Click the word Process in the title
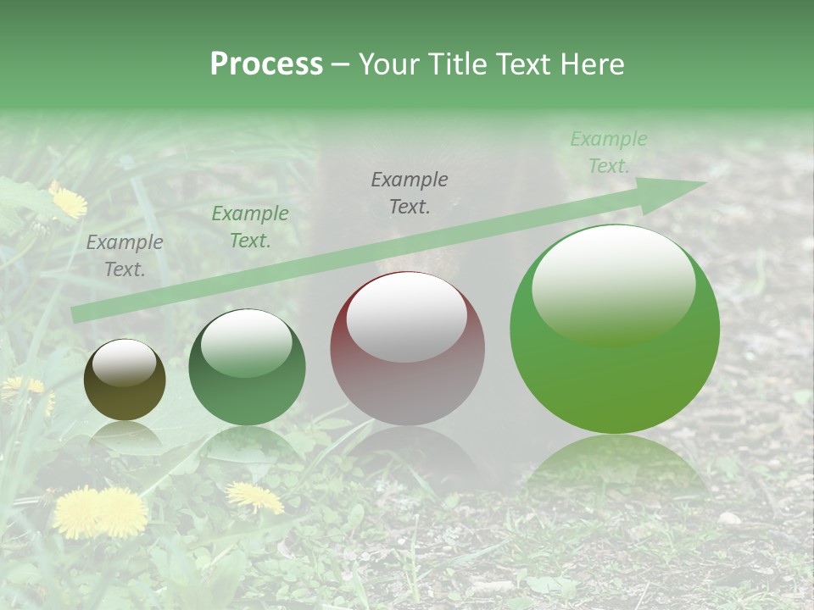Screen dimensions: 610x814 (x=266, y=64)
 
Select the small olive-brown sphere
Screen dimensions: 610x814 (x=125, y=380)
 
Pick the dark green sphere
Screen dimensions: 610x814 (x=247, y=368)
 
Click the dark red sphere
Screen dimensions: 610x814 (x=407, y=348)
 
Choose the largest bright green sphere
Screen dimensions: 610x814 (x=615, y=330)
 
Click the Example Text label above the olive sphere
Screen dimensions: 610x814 (x=125, y=256)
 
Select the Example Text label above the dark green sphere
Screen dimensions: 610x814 (x=250, y=227)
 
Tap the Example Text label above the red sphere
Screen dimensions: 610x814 (x=410, y=192)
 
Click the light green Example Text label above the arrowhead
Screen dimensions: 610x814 (x=609, y=152)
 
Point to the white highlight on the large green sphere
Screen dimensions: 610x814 (x=613, y=284)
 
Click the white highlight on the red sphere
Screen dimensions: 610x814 (x=407, y=317)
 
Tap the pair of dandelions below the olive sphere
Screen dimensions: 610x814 (x=100, y=512)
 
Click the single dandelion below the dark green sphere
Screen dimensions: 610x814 (x=254, y=496)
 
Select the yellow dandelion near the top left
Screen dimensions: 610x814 (x=69, y=202)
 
